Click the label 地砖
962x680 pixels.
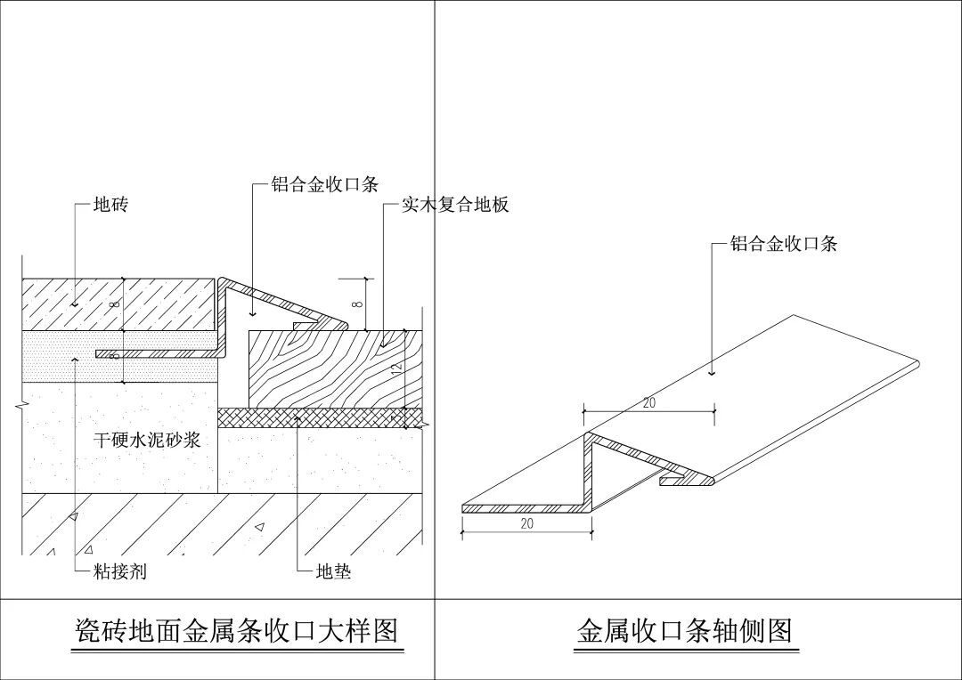110,206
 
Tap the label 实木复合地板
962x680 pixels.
455,206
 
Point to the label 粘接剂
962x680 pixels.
119,571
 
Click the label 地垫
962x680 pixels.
334,571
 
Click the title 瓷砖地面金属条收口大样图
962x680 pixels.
234,631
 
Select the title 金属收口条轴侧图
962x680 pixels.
684,631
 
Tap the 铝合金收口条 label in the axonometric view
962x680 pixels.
784,244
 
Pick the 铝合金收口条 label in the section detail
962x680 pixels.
325,185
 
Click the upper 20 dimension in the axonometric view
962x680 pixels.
648,402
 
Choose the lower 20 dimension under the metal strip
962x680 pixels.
526,524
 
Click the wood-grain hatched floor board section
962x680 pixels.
330,369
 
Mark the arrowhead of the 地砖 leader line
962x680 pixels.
76,304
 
